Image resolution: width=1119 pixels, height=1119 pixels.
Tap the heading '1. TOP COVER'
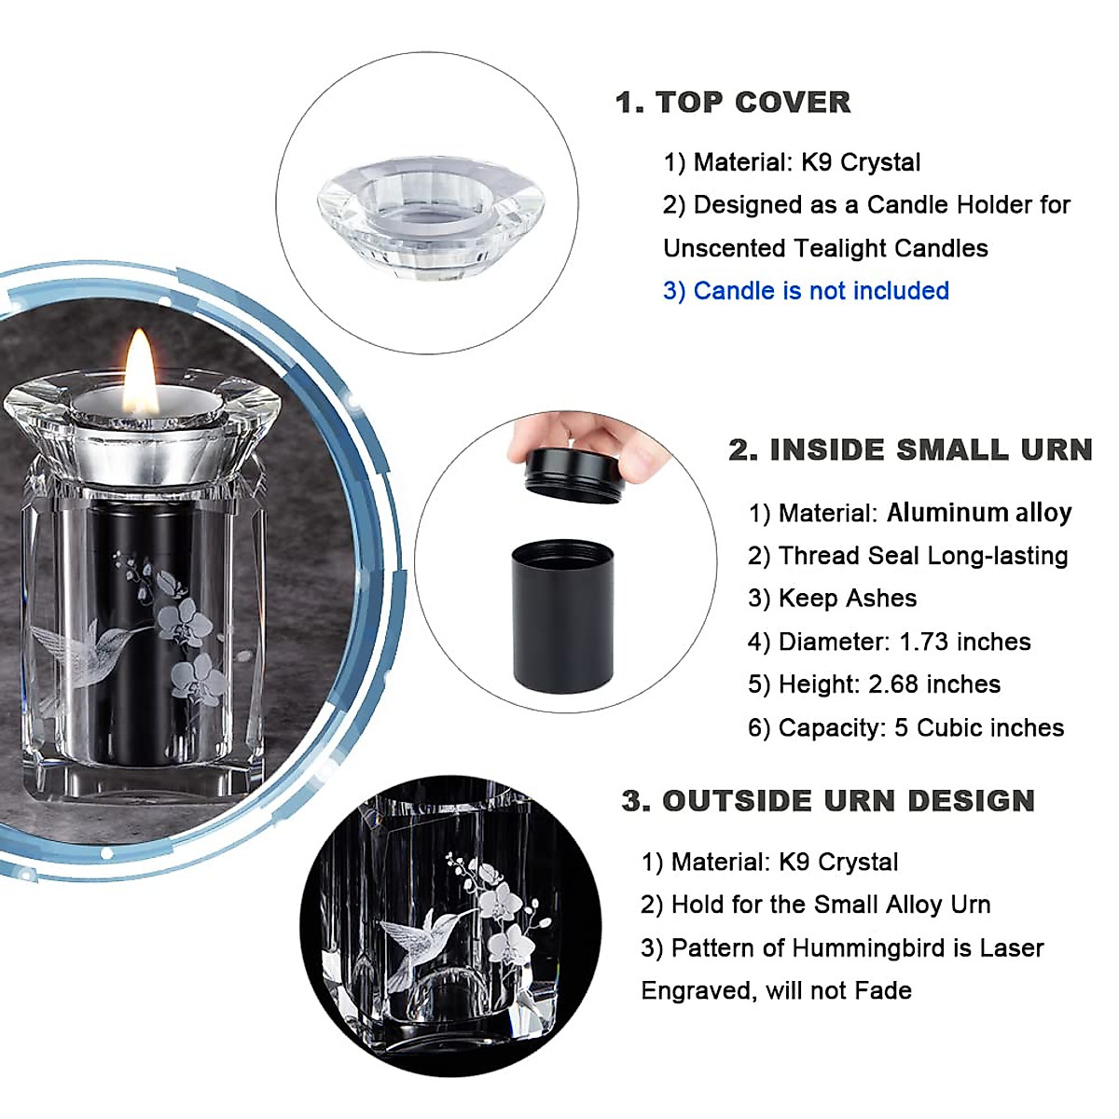[733, 103]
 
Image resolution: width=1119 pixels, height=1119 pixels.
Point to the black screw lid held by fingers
[574, 474]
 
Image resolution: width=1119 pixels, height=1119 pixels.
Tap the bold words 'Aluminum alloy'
[978, 513]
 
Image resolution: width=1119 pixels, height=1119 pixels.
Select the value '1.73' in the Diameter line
[924, 642]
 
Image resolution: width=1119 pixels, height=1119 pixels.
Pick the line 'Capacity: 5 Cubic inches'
[905, 727]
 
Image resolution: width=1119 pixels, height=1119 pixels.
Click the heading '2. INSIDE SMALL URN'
[910, 450]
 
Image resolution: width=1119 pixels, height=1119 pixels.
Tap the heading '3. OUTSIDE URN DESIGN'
[828, 801]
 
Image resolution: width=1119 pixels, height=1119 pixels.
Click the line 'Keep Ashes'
[832, 599]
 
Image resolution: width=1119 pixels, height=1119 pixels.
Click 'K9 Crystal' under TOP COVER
[860, 162]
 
